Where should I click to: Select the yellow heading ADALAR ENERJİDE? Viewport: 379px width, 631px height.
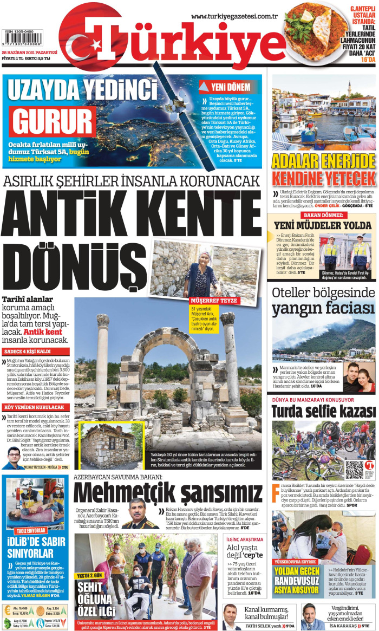324,161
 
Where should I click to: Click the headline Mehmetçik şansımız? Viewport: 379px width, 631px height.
167,493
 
